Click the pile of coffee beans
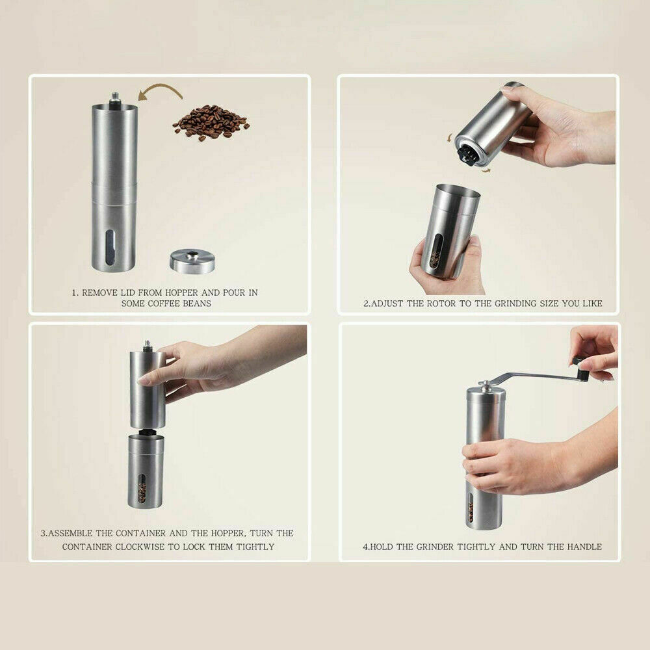click(210, 122)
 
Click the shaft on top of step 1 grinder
click(115, 98)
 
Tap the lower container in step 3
click(146, 471)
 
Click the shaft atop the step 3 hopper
click(147, 345)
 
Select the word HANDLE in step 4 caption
click(584, 547)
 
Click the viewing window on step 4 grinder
click(470, 509)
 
